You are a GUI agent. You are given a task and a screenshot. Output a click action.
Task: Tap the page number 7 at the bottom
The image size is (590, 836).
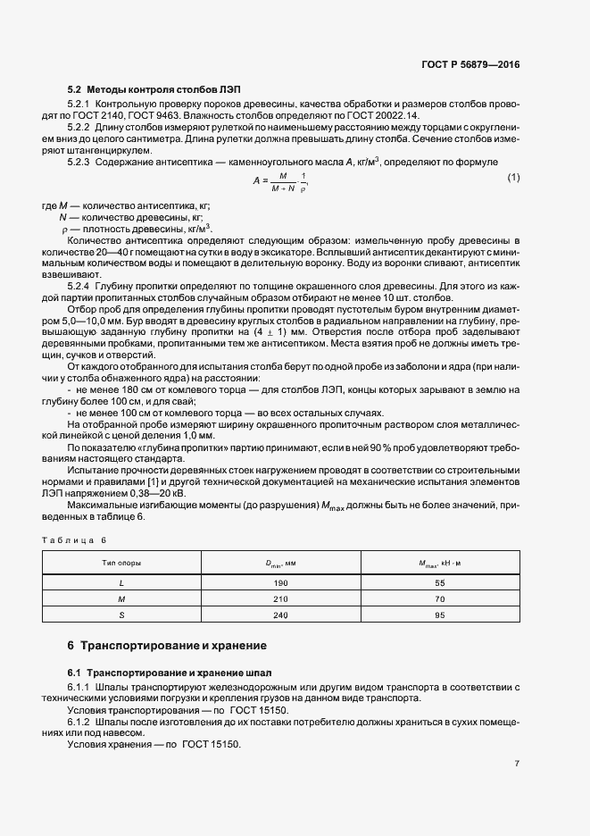pos(517,763)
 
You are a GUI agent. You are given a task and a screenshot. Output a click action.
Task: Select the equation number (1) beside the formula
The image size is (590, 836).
pos(513,179)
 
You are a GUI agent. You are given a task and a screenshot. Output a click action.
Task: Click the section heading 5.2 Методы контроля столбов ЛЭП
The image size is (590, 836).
pos(154,90)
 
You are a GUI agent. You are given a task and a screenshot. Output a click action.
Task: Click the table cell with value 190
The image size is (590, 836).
pos(281,581)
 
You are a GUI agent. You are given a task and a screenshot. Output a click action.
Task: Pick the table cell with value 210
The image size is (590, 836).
pos(281,598)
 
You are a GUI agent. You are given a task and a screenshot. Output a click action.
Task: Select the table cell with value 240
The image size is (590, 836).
pos(281,615)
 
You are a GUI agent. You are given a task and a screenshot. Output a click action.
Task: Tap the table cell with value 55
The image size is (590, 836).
pos(439,581)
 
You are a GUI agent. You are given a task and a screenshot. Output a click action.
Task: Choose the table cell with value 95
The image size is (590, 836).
pos(439,615)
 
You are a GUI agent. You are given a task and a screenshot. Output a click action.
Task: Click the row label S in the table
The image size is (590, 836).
pos(121,615)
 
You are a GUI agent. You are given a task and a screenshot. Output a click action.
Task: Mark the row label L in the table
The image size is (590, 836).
pos(121,581)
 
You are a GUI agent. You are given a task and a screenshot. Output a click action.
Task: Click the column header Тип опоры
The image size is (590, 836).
pos(122,564)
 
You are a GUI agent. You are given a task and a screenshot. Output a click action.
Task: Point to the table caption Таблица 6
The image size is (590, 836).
pos(74,540)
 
